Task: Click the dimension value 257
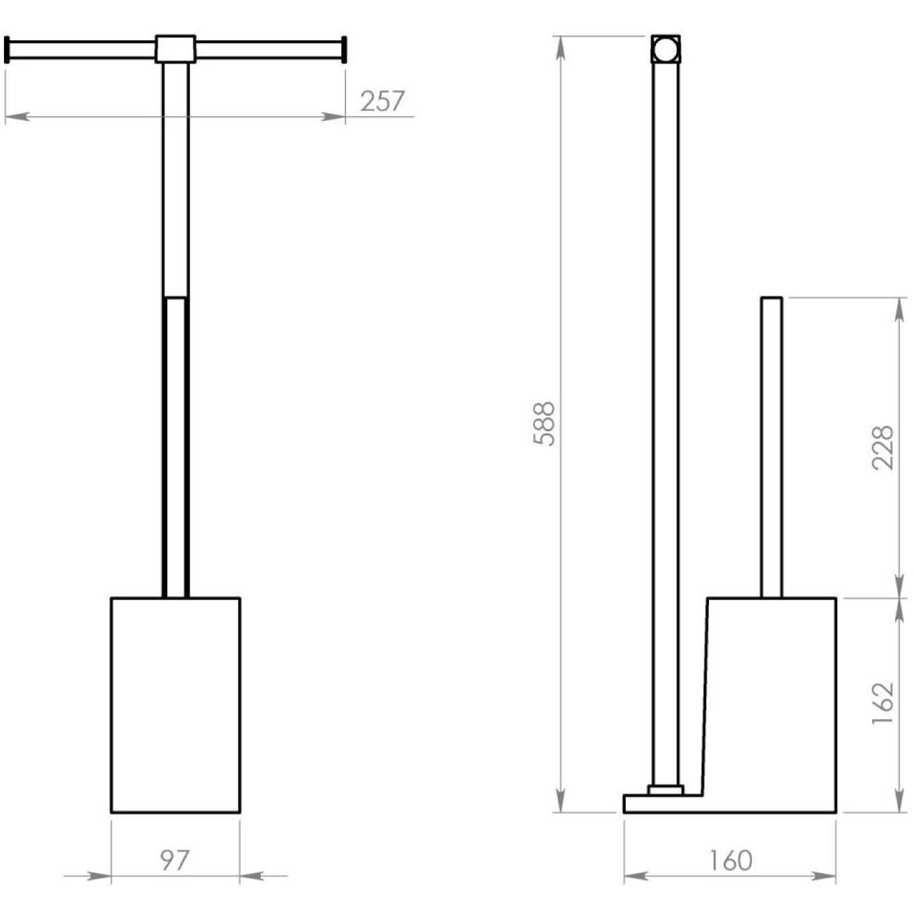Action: pos(382,101)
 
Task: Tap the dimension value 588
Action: pos(544,423)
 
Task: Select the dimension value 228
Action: pos(882,447)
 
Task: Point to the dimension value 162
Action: pos(882,703)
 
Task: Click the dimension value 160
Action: pos(730,860)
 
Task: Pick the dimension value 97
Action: pos(175,860)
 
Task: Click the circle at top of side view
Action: pos(665,50)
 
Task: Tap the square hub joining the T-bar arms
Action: pos(175,49)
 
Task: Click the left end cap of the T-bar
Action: pos(7,50)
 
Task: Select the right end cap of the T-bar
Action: pos(344,50)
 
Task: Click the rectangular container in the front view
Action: pos(175,704)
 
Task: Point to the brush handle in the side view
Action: pos(772,447)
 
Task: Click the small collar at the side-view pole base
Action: pos(665,790)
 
